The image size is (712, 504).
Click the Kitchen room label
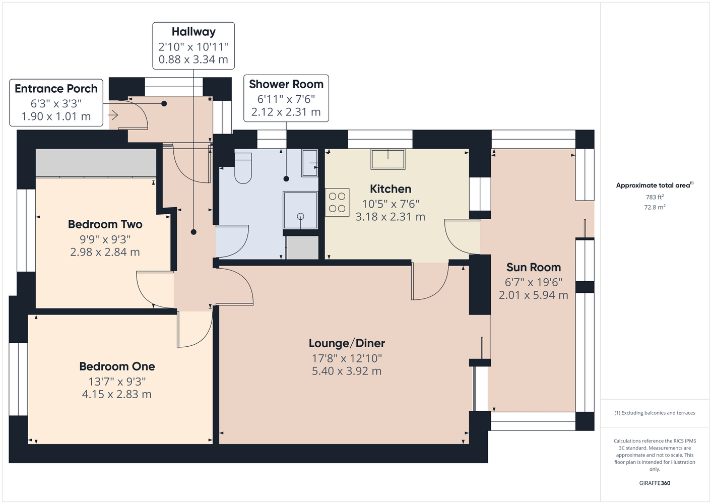click(391, 189)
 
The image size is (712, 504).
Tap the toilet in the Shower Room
click(243, 167)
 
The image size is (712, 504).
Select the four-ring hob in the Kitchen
click(337, 203)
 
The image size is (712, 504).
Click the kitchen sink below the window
click(388, 159)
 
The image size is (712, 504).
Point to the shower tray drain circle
click(300, 217)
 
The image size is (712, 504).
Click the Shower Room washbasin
click(309, 163)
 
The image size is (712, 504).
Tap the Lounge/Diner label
click(347, 343)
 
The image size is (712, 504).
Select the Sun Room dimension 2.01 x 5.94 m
click(533, 295)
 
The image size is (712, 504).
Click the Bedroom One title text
click(117, 366)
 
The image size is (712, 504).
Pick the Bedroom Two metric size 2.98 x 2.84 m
click(105, 252)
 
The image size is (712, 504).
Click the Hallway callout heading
click(193, 32)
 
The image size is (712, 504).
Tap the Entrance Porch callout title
click(56, 88)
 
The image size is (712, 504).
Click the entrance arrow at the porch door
click(113, 115)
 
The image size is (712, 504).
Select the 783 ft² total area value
click(655, 197)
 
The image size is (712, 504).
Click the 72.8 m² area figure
click(655, 207)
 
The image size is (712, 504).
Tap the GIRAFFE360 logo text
click(655, 483)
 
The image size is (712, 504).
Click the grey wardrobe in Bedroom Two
click(96, 162)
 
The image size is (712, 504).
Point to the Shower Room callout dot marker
click(286, 179)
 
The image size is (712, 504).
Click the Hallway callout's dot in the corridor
click(193, 232)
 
